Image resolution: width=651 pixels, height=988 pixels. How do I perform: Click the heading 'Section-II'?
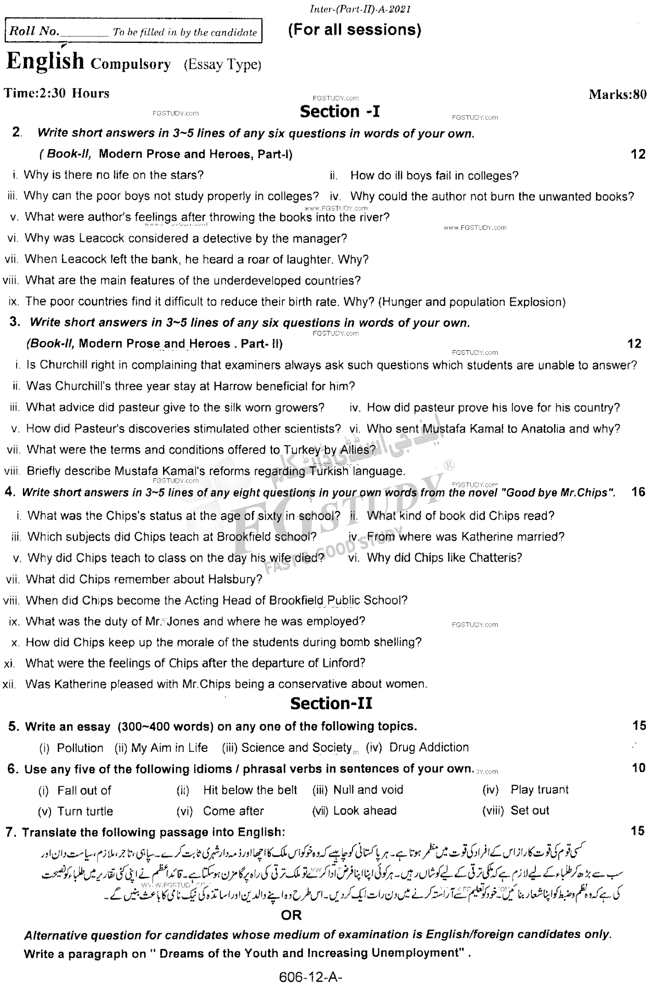tap(331, 704)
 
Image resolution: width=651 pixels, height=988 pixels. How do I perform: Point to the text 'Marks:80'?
tap(617, 94)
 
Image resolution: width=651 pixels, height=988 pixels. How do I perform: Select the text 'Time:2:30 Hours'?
tap(57, 94)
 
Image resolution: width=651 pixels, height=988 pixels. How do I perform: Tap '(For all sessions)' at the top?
tap(354, 30)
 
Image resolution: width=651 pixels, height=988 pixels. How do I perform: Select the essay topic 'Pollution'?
tap(80, 748)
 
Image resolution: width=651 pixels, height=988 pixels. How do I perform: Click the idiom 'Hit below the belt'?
tap(250, 790)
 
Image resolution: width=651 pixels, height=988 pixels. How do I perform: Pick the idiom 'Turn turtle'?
tap(85, 811)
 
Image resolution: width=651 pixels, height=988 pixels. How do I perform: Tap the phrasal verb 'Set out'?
tap(530, 811)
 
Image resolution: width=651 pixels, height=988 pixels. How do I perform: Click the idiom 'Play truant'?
tap(540, 790)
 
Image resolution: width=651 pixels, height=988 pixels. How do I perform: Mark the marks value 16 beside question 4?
tap(637, 492)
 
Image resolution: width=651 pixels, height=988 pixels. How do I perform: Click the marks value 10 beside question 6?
tap(638, 768)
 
